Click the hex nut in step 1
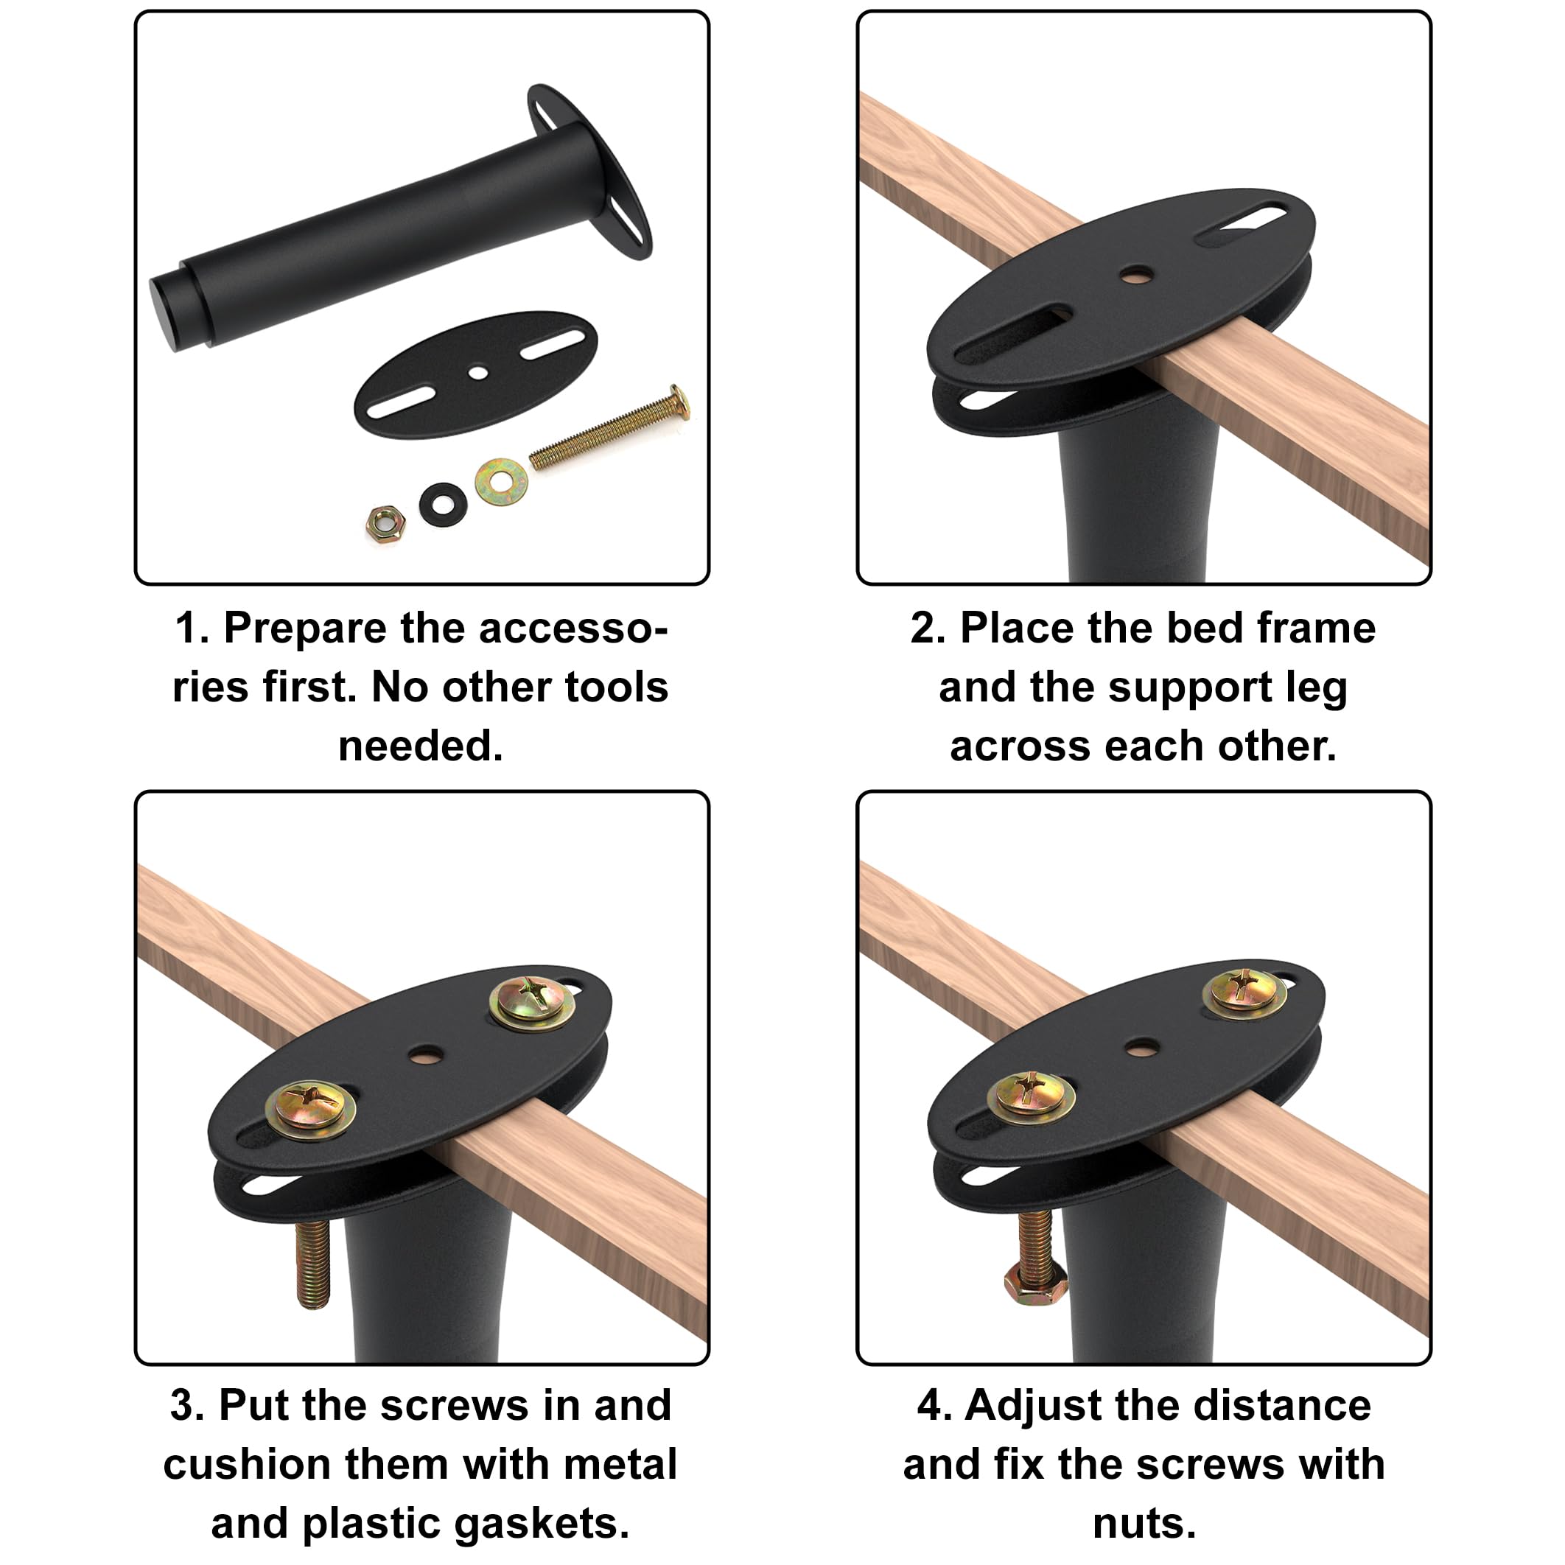(x=385, y=523)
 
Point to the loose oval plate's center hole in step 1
(x=478, y=373)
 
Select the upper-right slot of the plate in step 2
(x=1240, y=226)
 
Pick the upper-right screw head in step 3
(x=532, y=1002)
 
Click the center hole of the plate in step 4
(x=1141, y=1046)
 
